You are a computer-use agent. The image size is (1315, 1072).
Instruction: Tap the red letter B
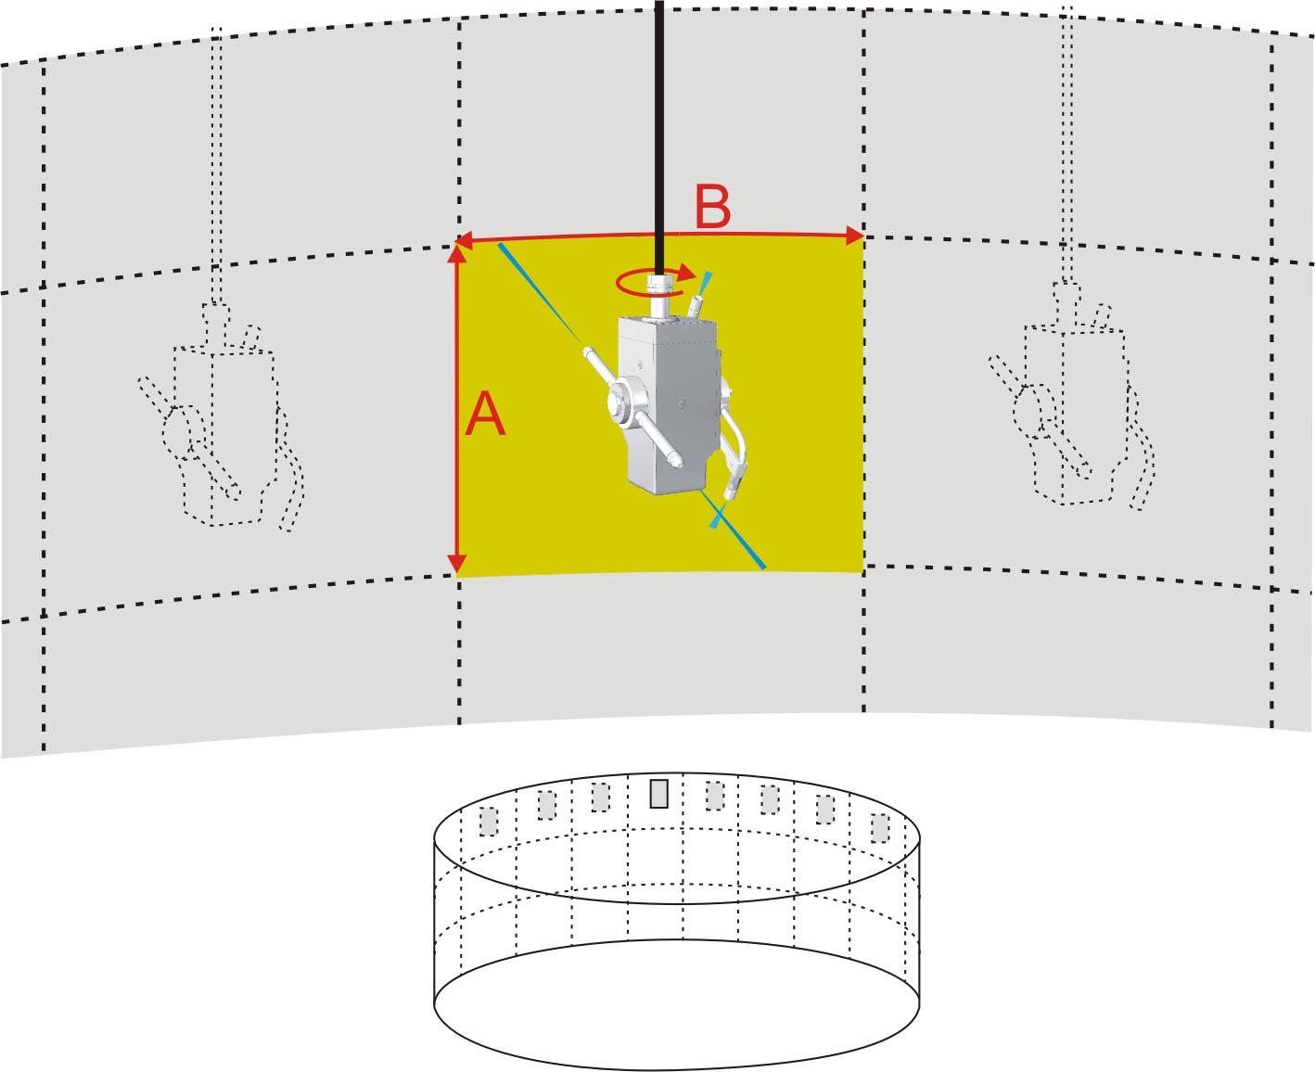click(x=712, y=209)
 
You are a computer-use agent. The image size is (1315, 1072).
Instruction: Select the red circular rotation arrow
click(x=655, y=279)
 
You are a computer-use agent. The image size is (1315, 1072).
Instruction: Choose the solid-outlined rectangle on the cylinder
click(x=659, y=793)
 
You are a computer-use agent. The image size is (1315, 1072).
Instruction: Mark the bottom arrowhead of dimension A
click(x=457, y=566)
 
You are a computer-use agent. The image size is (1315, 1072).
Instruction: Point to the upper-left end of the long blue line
click(x=502, y=246)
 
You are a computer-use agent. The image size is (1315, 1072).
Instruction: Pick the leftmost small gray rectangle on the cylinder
click(x=488, y=821)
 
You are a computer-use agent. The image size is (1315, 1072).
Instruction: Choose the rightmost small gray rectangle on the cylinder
click(x=880, y=826)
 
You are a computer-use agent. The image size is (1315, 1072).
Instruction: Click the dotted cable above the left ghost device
click(x=217, y=167)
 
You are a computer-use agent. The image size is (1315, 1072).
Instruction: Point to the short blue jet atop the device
click(x=709, y=278)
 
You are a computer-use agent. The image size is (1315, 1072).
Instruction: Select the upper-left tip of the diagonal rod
click(x=589, y=352)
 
